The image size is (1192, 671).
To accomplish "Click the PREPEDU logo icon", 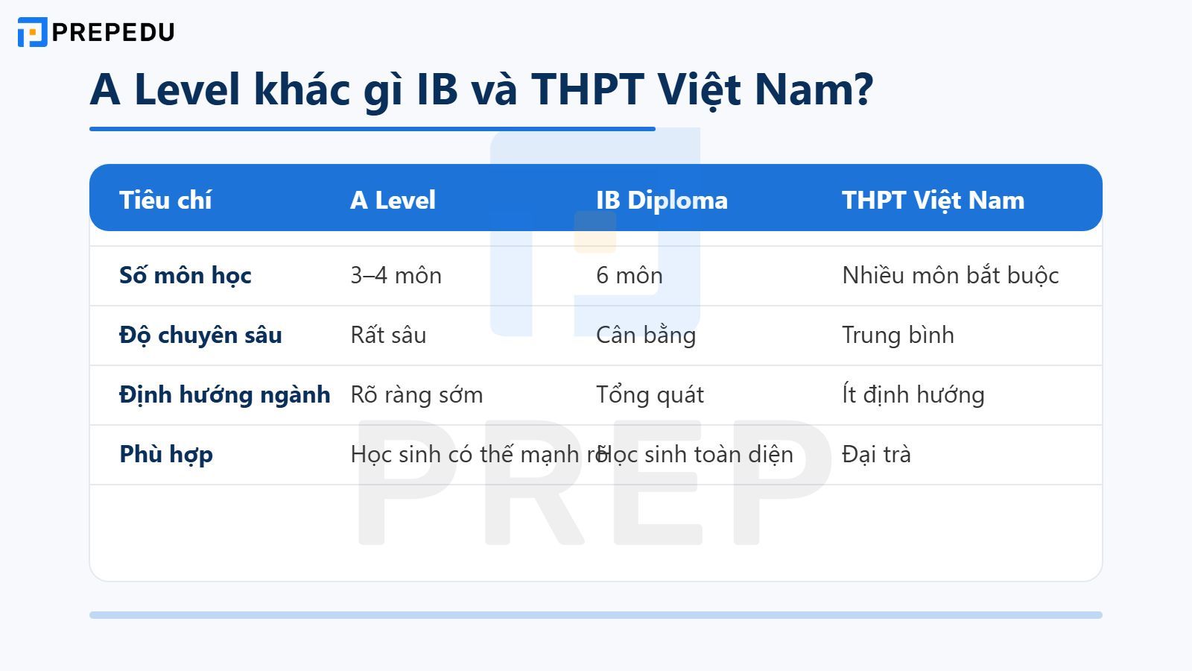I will pyautogui.click(x=32, y=32).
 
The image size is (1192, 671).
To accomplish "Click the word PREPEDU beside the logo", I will pyautogui.click(x=113, y=32).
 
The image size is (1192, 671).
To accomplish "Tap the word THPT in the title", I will pyautogui.click(x=587, y=89).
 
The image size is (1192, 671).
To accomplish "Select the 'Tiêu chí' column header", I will pyautogui.click(x=165, y=200).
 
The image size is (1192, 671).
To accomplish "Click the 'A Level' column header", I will pyautogui.click(x=393, y=200).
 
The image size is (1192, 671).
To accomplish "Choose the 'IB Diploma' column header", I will pyautogui.click(x=662, y=200).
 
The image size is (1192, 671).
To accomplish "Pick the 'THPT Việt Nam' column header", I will pyautogui.click(x=933, y=200).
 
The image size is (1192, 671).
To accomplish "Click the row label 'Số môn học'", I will pyautogui.click(x=186, y=275).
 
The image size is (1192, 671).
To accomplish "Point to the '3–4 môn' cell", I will pyautogui.click(x=396, y=275).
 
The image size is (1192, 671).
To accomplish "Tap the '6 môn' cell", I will pyautogui.click(x=629, y=275).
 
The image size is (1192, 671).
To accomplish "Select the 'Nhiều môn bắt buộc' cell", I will pyautogui.click(x=950, y=275).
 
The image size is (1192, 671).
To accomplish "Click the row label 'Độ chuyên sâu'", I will pyautogui.click(x=200, y=335).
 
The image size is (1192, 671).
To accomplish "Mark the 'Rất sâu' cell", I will pyautogui.click(x=388, y=335).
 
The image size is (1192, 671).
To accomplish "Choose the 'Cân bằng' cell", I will pyautogui.click(x=645, y=335).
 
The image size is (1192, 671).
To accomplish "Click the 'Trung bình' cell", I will pyautogui.click(x=898, y=335).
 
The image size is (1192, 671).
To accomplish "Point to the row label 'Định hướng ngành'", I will pyautogui.click(x=224, y=394).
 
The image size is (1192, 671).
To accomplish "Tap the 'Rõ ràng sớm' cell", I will pyautogui.click(x=416, y=394).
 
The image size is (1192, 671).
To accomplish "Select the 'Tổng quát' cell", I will pyautogui.click(x=650, y=394).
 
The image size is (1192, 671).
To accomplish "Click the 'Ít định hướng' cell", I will pyautogui.click(x=913, y=394).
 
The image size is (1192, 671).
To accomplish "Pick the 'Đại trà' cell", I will pyautogui.click(x=876, y=454).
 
